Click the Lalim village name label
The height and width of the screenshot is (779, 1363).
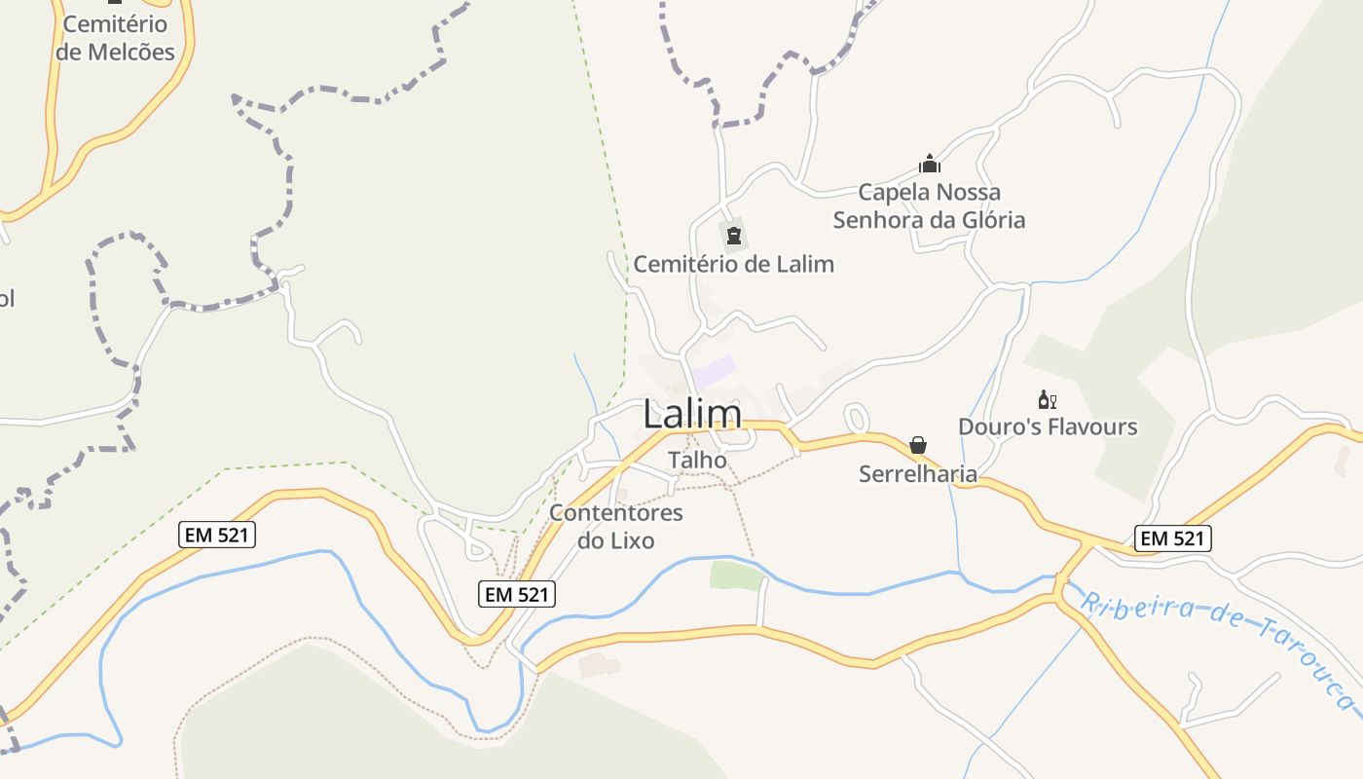692,415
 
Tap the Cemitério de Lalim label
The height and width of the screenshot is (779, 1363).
734,264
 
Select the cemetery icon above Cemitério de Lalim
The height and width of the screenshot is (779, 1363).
734,235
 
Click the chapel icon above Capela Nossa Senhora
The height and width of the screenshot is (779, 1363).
930,164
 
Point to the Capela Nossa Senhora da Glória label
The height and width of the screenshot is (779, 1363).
929,206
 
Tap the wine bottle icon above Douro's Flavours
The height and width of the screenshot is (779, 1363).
1048,399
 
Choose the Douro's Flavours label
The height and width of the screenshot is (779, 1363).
1048,427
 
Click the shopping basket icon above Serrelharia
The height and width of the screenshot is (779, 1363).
917,446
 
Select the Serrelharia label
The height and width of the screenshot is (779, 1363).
917,474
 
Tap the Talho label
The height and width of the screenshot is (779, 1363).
697,460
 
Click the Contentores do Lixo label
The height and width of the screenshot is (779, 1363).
616,526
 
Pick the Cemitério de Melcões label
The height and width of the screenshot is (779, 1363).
116,38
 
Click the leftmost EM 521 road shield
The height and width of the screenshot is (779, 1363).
217,534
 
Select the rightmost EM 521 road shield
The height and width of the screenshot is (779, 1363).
1172,538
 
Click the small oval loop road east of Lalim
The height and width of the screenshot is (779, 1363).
857,419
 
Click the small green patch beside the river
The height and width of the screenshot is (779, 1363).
737,575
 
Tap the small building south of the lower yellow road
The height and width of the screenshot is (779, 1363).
599,666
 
